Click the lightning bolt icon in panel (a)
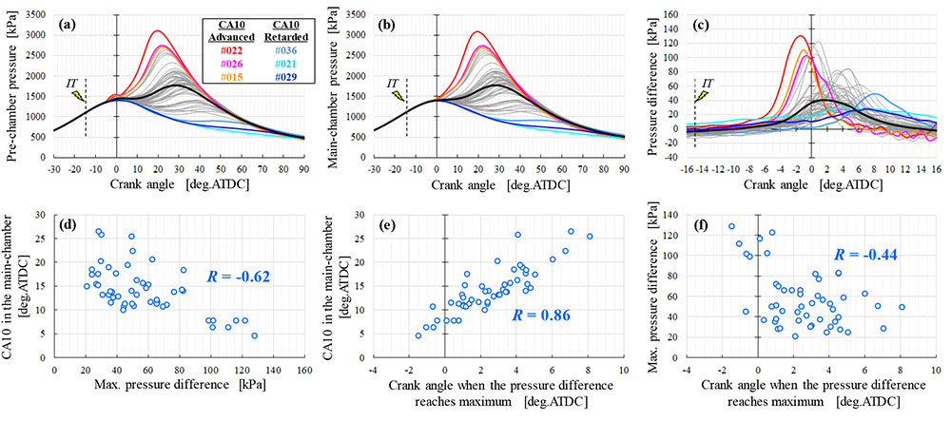click(x=78, y=97)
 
